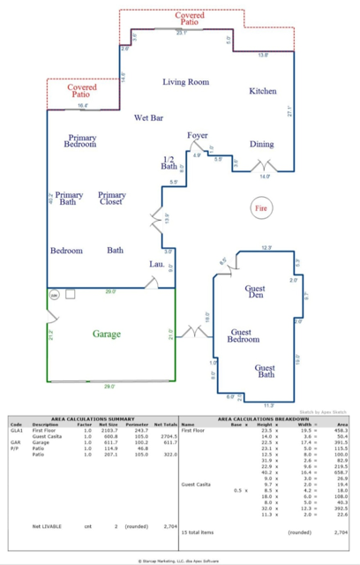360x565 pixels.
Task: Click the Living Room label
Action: point(185,82)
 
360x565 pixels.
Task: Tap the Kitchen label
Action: point(262,91)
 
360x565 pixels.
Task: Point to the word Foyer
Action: point(198,135)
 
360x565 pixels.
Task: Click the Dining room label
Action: point(261,144)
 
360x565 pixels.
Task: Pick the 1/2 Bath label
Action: point(169,162)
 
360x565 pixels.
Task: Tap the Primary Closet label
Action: point(112,199)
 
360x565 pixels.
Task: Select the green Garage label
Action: point(106,334)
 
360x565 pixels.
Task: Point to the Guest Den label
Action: point(256,292)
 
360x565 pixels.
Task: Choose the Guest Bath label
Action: point(266,372)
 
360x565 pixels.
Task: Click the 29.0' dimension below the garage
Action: point(108,386)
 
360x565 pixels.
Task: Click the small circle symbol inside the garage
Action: point(54,296)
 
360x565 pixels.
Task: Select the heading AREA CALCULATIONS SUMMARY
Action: point(92,418)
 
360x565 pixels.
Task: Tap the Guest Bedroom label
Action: point(244,335)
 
